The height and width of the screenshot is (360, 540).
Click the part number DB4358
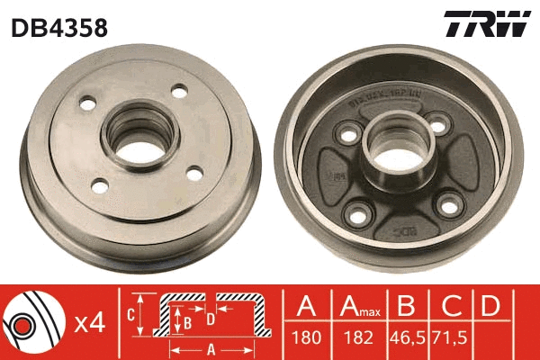pyautogui.click(x=58, y=28)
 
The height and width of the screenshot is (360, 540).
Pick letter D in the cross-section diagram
pyautogui.click(x=210, y=318)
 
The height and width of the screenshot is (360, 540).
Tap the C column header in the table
pyautogui.click(x=449, y=306)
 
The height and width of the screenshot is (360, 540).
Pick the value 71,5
pyautogui.click(x=449, y=340)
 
